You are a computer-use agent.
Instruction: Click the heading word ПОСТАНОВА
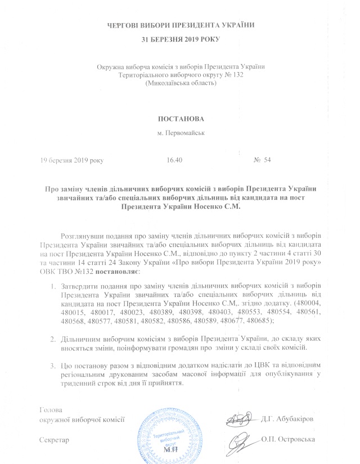click(179, 120)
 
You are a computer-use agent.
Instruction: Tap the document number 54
click(267, 160)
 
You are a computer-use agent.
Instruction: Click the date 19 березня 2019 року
click(71, 160)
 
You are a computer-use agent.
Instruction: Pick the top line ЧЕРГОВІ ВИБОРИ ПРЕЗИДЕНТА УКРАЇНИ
click(180, 25)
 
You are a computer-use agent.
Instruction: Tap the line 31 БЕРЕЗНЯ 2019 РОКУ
click(180, 39)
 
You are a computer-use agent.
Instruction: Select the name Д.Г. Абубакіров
click(287, 419)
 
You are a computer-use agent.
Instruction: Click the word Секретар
click(54, 439)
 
